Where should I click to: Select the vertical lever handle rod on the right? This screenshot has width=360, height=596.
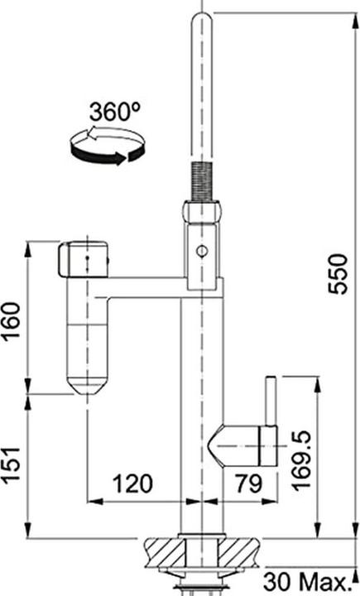269,401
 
